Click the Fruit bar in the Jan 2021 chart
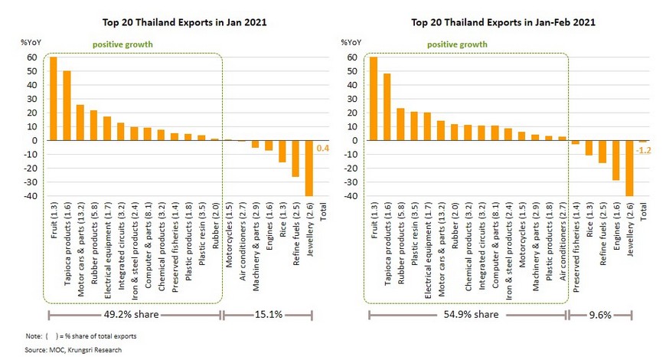(54, 99)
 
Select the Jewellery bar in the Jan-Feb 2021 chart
(630, 169)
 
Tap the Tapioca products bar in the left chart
(67, 106)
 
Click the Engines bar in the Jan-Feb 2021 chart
(616, 160)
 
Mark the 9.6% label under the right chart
(600, 314)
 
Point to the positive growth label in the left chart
(122, 44)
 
